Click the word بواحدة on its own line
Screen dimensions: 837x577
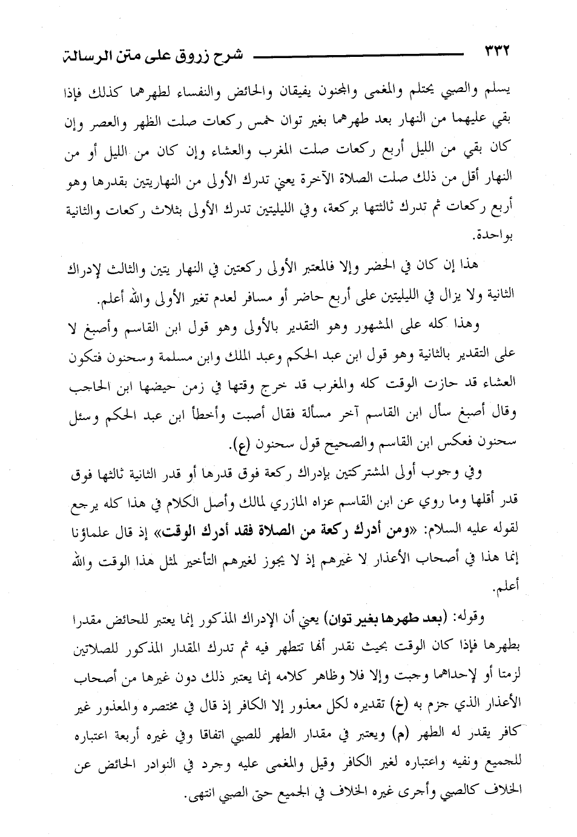pyautogui.click(x=493, y=234)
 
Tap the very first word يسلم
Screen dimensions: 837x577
pyautogui.click(x=503, y=91)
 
